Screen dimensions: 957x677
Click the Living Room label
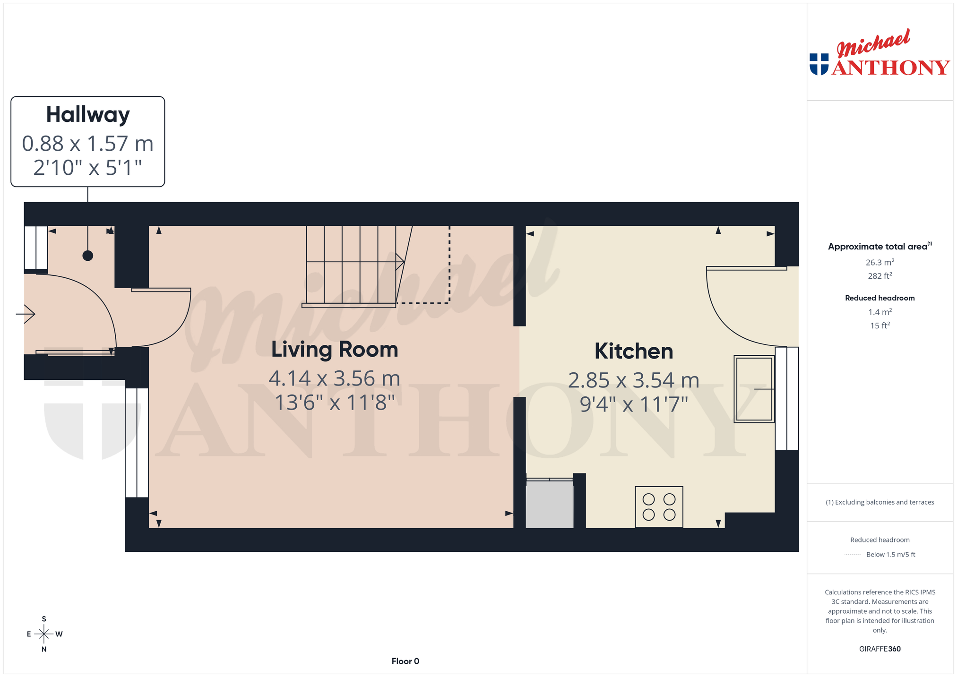[x=335, y=350]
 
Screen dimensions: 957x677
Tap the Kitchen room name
[x=634, y=351]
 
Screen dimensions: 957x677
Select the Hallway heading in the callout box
[x=88, y=115]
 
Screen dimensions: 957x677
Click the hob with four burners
[x=659, y=506]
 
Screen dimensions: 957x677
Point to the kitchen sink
[x=754, y=388]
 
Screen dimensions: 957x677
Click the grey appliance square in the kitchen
[x=550, y=504]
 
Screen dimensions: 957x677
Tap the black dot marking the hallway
[x=88, y=256]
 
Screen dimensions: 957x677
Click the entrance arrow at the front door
[x=26, y=314]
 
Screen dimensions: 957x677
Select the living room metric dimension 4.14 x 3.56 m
[x=335, y=378]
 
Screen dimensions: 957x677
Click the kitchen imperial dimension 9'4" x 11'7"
[x=634, y=404]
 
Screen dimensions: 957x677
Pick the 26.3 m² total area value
[x=879, y=262]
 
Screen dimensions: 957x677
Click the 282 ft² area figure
[x=879, y=276]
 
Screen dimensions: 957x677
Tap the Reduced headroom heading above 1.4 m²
[x=879, y=298]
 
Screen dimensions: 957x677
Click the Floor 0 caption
[x=405, y=661]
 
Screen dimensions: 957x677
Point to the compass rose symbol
[x=44, y=634]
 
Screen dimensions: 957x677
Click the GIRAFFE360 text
[x=879, y=649]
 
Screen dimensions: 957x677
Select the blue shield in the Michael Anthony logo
[x=819, y=64]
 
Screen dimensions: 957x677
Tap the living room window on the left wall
[x=137, y=443]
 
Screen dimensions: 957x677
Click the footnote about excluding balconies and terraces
[x=879, y=502]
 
